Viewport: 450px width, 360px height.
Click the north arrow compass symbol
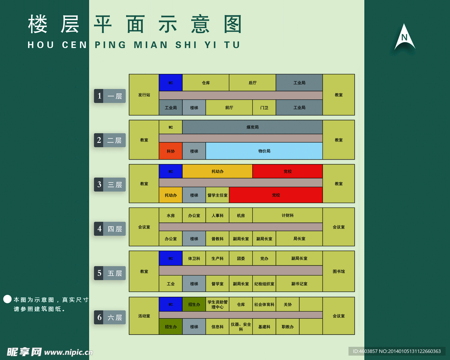(404, 38)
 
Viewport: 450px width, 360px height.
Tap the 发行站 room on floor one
(144, 95)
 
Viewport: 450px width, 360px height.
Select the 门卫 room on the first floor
(264, 108)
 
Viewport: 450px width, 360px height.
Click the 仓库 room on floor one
(206, 83)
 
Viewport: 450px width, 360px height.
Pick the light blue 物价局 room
(264, 151)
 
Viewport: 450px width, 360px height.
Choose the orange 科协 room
(171, 151)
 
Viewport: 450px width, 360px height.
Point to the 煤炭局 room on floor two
(252, 127)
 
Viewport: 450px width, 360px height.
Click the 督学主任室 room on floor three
(217, 195)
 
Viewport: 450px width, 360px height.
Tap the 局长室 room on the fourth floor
(299, 239)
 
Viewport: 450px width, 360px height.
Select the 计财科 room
(287, 215)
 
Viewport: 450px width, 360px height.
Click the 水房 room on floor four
(171, 215)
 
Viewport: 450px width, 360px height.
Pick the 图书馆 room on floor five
(338, 271)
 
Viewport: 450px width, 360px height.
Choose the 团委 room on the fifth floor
(241, 258)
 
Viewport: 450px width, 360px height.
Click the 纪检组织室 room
(264, 284)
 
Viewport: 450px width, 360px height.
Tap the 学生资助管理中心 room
(217, 304)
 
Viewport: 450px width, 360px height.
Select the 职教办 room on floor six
(287, 327)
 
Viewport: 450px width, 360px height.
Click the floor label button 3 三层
(110, 185)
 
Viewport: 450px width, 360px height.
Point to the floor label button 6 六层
(110, 317)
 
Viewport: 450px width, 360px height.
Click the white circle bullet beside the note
(7, 299)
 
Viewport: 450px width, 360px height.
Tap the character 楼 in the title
(37, 25)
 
